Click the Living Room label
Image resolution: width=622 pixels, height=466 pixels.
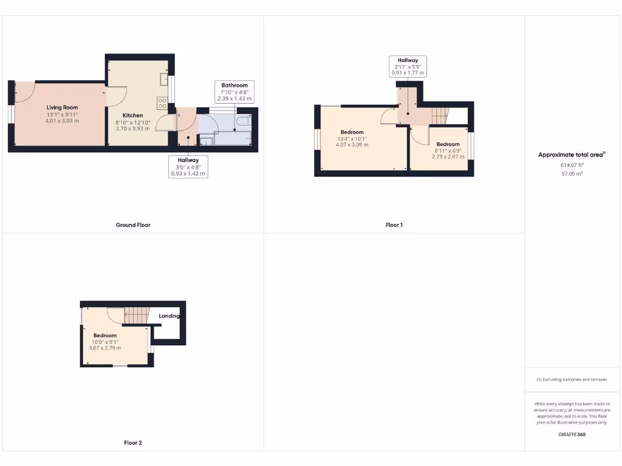click(x=63, y=107)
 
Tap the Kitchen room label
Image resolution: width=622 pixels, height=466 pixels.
click(x=133, y=115)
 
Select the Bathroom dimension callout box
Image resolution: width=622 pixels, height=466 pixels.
click(x=234, y=92)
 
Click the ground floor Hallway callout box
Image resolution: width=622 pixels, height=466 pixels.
click(x=188, y=166)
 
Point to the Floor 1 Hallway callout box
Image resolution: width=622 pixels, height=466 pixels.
click(x=408, y=66)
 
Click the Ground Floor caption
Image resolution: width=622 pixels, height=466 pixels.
click(x=133, y=225)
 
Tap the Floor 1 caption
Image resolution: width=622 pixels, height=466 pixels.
click(x=394, y=225)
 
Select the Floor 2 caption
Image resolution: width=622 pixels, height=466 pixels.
click(x=133, y=443)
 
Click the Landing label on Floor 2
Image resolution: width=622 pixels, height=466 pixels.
click(x=169, y=316)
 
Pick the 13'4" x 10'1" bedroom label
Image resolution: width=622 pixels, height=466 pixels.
click(x=352, y=132)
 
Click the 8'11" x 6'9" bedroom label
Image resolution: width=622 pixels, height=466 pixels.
click(x=448, y=144)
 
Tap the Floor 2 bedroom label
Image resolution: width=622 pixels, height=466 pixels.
click(x=105, y=335)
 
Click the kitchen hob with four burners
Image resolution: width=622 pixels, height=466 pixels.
click(x=162, y=103)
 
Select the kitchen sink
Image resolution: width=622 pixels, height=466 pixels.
click(x=164, y=79)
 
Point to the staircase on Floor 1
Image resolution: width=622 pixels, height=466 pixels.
click(x=438, y=113)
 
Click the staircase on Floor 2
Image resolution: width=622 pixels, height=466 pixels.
click(x=137, y=315)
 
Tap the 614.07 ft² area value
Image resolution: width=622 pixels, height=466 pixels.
click(x=572, y=164)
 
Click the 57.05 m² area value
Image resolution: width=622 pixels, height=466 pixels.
click(x=572, y=174)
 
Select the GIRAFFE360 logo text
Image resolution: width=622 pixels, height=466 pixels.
click(x=572, y=434)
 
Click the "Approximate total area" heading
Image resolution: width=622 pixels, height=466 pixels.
click(x=572, y=155)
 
